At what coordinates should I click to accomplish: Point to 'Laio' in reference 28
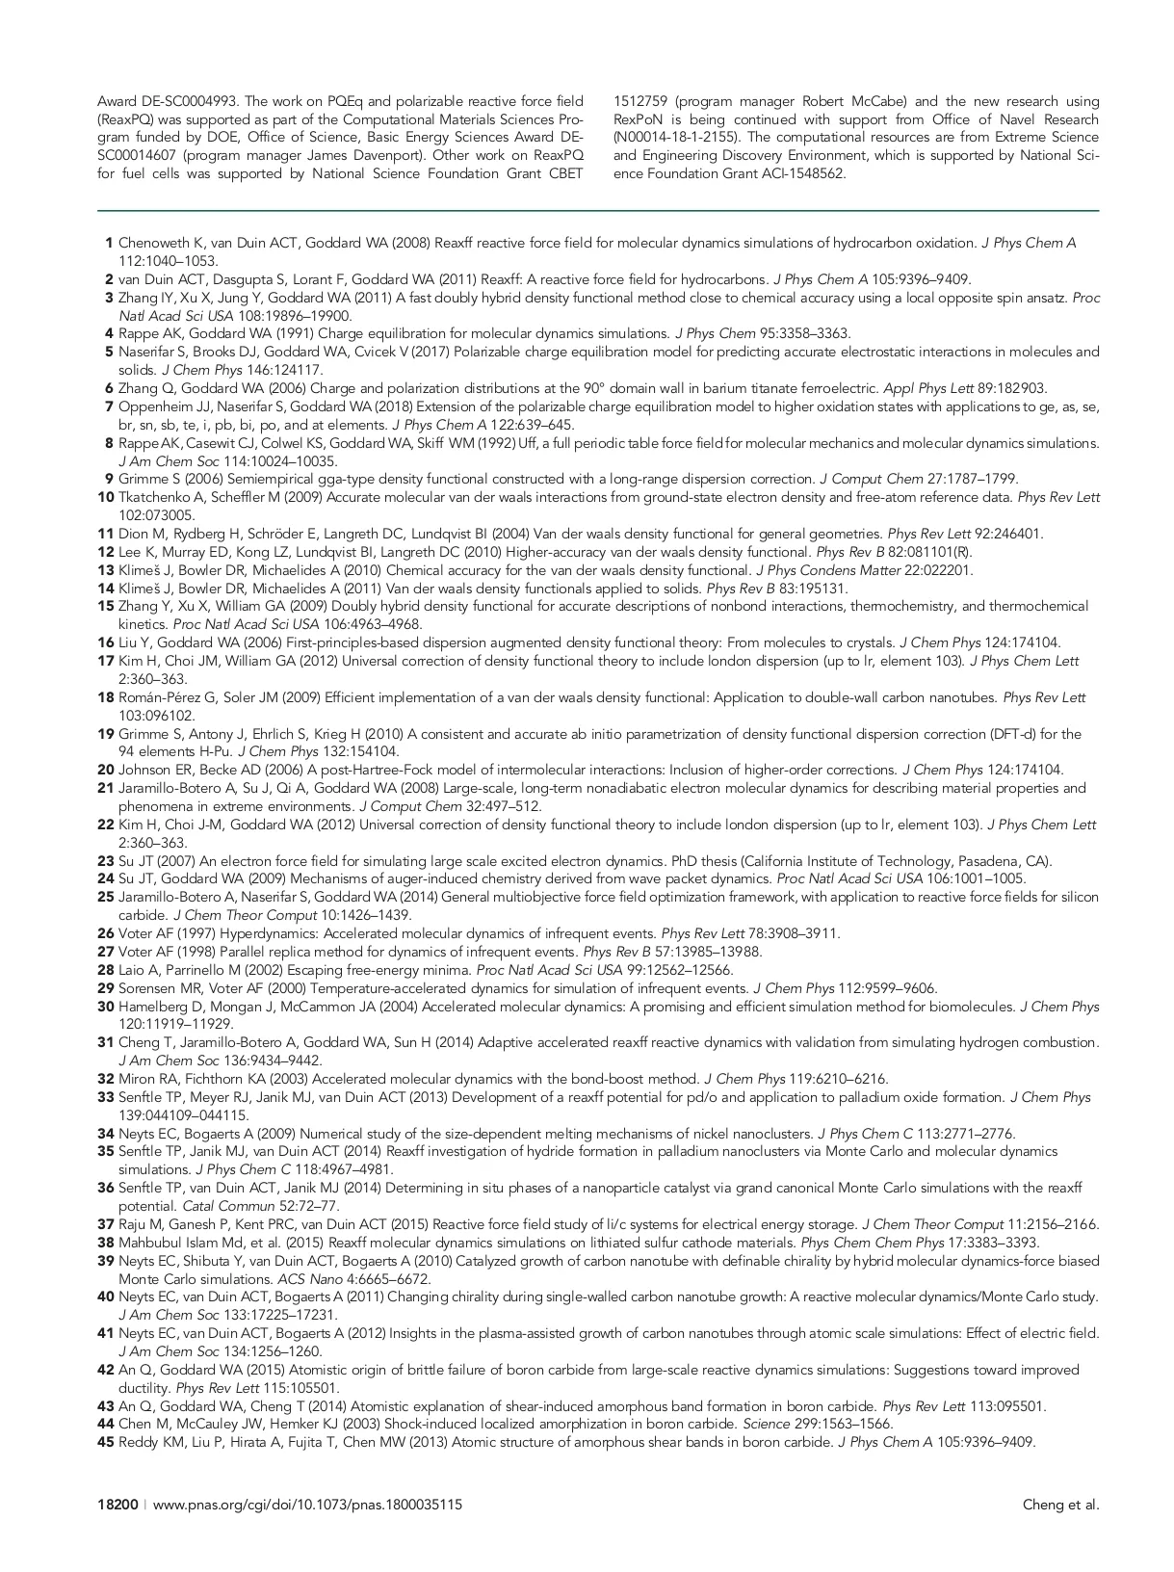(132, 970)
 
